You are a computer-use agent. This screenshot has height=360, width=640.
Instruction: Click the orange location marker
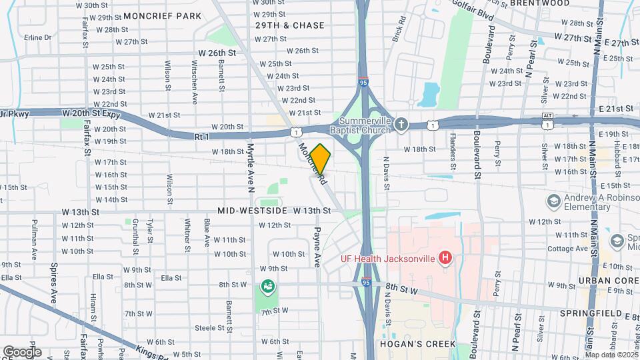click(x=320, y=159)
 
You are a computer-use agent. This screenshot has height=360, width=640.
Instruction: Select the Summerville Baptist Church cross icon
click(x=401, y=125)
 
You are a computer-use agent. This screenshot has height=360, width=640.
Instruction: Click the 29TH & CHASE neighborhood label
click(x=290, y=25)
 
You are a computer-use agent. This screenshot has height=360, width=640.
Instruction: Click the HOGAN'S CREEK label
click(x=417, y=344)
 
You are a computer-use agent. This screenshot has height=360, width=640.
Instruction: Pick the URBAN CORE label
click(x=608, y=281)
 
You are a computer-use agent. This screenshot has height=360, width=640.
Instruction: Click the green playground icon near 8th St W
click(x=267, y=286)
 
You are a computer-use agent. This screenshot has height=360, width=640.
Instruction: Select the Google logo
click(x=21, y=351)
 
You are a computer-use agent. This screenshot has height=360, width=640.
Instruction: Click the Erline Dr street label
click(x=37, y=38)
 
